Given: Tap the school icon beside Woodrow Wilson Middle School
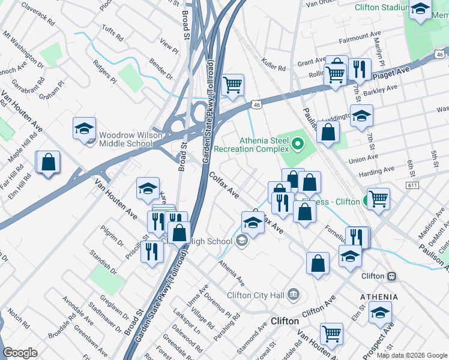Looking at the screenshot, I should (x=85, y=128).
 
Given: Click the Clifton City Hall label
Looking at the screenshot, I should (x=256, y=295).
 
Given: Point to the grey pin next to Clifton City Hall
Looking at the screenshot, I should (x=294, y=294).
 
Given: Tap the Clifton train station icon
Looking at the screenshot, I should (x=391, y=276).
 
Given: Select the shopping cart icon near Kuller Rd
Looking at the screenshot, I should (x=232, y=84).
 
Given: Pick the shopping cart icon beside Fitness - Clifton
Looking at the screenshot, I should (x=378, y=197).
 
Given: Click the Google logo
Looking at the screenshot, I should (x=20, y=353).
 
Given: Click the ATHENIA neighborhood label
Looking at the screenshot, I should (x=379, y=297).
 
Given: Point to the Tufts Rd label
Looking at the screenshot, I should (x=112, y=37).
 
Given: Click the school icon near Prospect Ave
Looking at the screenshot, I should (x=380, y=313).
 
